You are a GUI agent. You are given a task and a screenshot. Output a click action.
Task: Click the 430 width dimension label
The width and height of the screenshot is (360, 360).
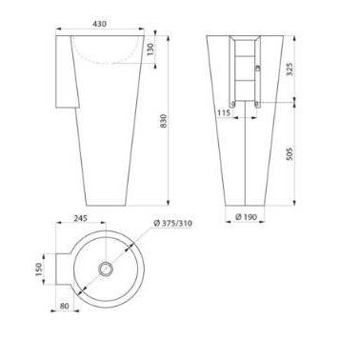point(99,24)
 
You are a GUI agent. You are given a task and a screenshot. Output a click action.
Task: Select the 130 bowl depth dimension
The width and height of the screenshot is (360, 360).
point(150,49)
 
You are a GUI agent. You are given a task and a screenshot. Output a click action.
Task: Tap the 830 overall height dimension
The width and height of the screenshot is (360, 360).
point(163,121)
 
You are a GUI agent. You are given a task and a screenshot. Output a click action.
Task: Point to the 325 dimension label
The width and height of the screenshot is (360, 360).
point(290,69)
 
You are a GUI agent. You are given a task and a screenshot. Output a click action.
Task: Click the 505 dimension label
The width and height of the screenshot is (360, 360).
point(290,153)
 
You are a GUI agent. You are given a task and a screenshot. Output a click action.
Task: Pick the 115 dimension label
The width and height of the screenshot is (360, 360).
point(224,112)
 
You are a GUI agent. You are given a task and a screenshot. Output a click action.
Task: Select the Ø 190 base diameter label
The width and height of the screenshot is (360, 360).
point(246,217)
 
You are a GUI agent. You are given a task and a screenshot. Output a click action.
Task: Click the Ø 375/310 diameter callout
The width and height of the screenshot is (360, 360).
point(173,223)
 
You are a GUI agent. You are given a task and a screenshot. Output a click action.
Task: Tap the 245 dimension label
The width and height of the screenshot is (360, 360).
point(81,218)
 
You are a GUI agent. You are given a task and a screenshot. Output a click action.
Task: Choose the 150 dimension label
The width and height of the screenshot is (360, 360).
point(39,270)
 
